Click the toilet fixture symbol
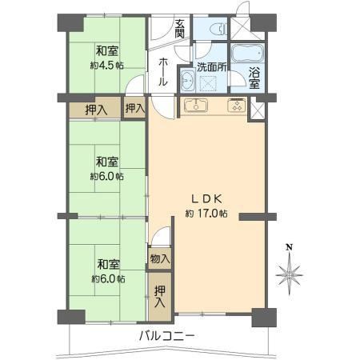(218, 29)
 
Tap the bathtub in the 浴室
(247, 54)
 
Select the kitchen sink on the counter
(196, 105)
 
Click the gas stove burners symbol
(237, 105)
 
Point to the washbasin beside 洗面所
(187, 79)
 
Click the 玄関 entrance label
(180, 29)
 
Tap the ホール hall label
(163, 72)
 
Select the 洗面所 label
(212, 67)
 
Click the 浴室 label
(254, 78)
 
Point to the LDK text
(207, 198)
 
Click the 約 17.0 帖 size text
(206, 213)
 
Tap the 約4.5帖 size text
(107, 66)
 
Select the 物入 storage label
(160, 258)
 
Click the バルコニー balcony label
(167, 336)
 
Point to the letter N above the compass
(289, 247)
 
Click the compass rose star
(289, 275)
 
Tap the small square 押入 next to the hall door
(135, 108)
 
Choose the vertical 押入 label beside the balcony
(160, 296)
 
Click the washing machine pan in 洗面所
(210, 83)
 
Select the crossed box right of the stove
(257, 110)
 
